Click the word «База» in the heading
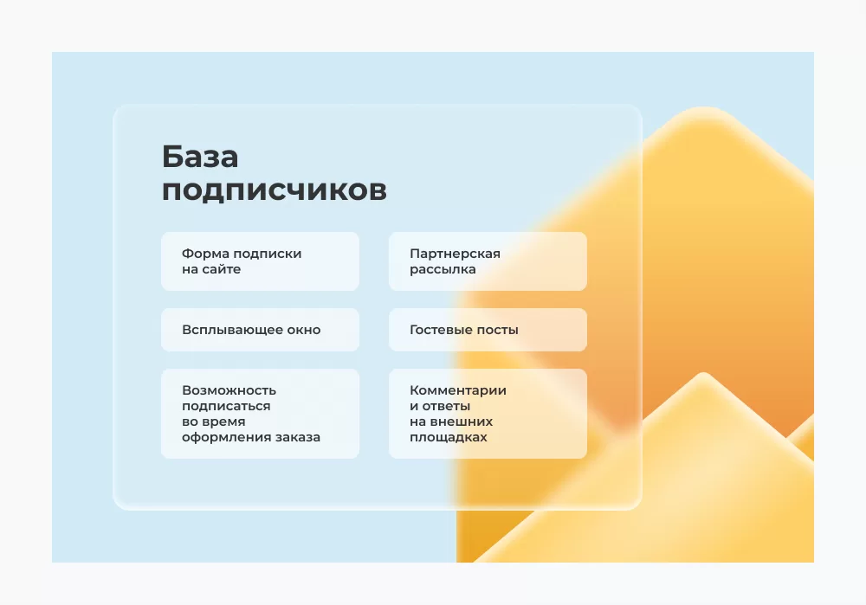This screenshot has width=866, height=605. coord(200,157)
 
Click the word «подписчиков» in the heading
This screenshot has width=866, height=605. coord(274,191)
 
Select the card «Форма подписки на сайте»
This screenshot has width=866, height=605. coord(260,261)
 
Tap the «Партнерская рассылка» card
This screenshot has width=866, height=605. coord(488,261)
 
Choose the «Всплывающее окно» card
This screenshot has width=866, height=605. coord(260,330)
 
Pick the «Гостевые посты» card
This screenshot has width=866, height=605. coord(488,330)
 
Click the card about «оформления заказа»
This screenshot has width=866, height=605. coord(260,414)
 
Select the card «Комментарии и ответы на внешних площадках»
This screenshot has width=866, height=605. coord(488,414)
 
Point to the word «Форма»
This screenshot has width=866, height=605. coord(205,254)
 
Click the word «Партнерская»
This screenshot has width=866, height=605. coord(456,254)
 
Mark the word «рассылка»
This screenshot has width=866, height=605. coord(443,269)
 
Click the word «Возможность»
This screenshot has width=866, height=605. coord(229,390)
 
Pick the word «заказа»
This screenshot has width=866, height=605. coord(298,437)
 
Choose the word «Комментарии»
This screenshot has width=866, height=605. coord(458,391)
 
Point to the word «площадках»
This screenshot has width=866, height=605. coord(449,437)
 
